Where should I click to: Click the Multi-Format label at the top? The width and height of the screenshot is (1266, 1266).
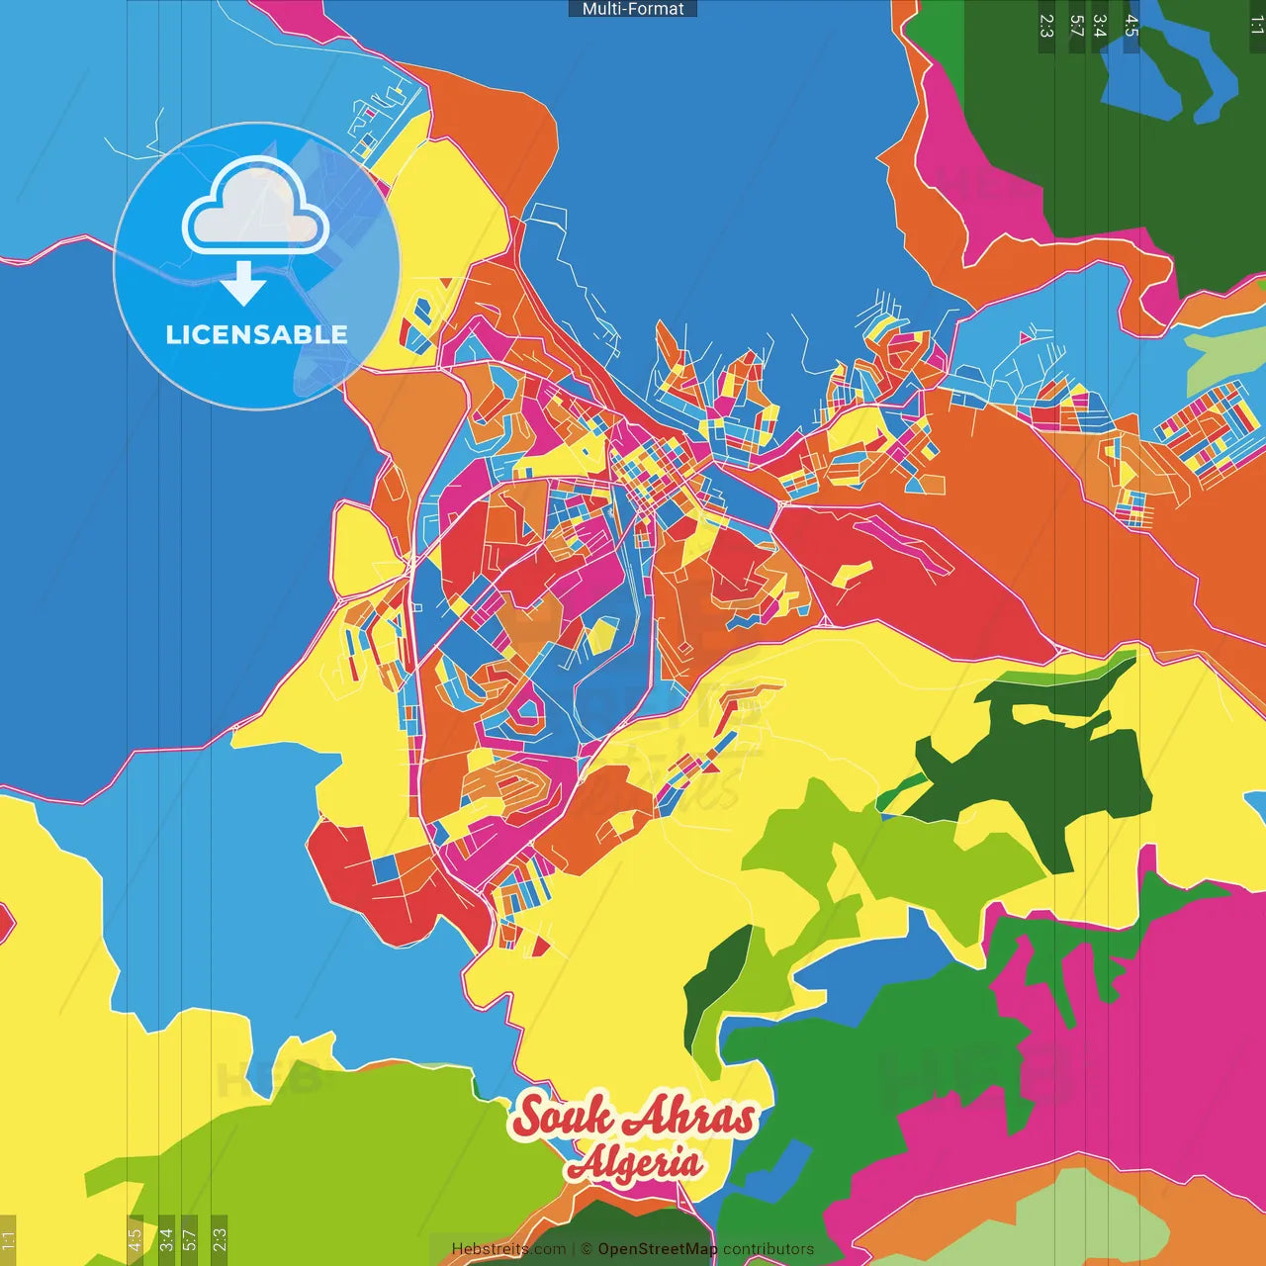(633, 9)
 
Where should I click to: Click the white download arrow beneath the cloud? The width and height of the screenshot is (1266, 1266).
(243, 284)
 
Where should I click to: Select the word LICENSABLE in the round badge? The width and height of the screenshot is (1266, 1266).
(256, 334)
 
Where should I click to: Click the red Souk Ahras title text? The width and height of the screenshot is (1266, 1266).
(633, 1117)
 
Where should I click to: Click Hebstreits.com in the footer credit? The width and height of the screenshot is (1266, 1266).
(508, 1249)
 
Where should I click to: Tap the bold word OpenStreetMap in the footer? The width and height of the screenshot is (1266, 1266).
(658, 1249)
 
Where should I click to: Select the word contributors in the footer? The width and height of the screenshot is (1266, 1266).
(769, 1249)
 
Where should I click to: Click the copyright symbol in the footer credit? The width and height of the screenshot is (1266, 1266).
(586, 1249)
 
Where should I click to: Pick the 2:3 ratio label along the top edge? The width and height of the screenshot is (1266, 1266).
(1046, 26)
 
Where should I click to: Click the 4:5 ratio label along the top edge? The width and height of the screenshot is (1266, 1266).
(1131, 26)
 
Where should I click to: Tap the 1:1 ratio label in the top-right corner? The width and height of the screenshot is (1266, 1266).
(1256, 26)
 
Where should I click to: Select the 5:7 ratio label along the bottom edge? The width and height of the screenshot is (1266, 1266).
(190, 1239)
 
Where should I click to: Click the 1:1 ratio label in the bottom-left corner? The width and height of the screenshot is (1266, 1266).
(8, 1239)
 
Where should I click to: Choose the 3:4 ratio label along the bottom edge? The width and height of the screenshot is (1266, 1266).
(166, 1239)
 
